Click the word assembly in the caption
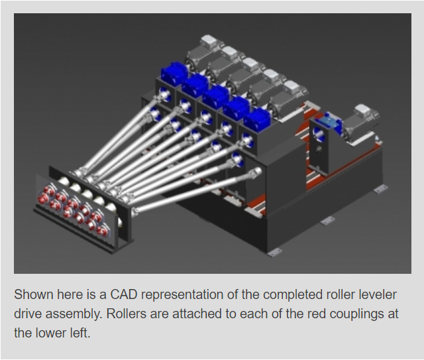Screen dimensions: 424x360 pyautogui.click(x=74, y=314)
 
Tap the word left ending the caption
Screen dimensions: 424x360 pyautogui.click(x=80, y=333)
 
